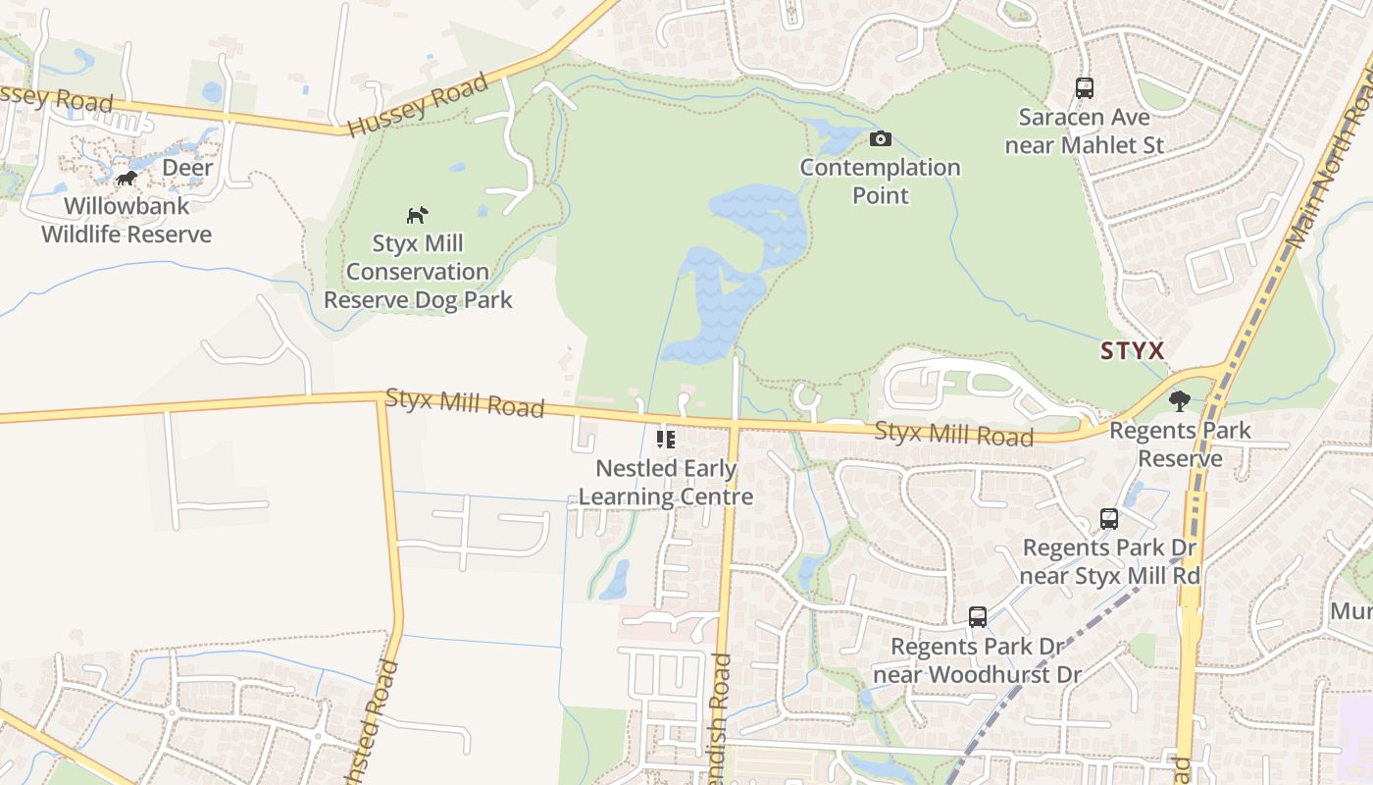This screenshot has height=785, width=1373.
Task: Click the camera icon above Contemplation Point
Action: point(881,139)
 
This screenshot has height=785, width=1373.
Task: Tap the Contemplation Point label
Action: point(881,181)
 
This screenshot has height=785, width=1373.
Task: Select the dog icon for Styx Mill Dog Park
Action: point(418,214)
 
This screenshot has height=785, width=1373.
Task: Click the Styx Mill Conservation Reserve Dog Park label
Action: point(418,272)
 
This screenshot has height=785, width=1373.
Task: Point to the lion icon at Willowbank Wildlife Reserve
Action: point(126,178)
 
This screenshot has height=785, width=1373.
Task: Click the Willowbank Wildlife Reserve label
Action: point(127,221)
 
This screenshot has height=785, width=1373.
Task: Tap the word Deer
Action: point(187,168)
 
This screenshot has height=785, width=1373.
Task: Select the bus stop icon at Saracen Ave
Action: point(1084,88)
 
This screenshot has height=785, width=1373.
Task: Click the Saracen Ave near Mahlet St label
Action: point(1091,131)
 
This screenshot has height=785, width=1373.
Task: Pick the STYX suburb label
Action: point(1132,350)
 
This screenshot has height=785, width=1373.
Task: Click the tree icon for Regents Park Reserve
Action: point(1180,400)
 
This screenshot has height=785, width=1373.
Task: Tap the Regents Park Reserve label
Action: point(1180,444)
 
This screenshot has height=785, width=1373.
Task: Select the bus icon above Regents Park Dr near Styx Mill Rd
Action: point(1109,519)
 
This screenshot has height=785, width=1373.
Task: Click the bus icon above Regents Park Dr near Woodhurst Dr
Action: point(978,617)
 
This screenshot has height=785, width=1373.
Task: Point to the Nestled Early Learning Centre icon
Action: point(666,439)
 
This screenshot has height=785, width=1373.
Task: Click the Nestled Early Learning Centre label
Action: point(666,483)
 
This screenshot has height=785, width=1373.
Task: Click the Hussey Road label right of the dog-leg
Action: point(418,104)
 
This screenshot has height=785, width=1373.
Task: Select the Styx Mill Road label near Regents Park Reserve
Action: point(953,433)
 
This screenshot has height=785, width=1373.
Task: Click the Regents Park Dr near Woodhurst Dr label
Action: point(977,660)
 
